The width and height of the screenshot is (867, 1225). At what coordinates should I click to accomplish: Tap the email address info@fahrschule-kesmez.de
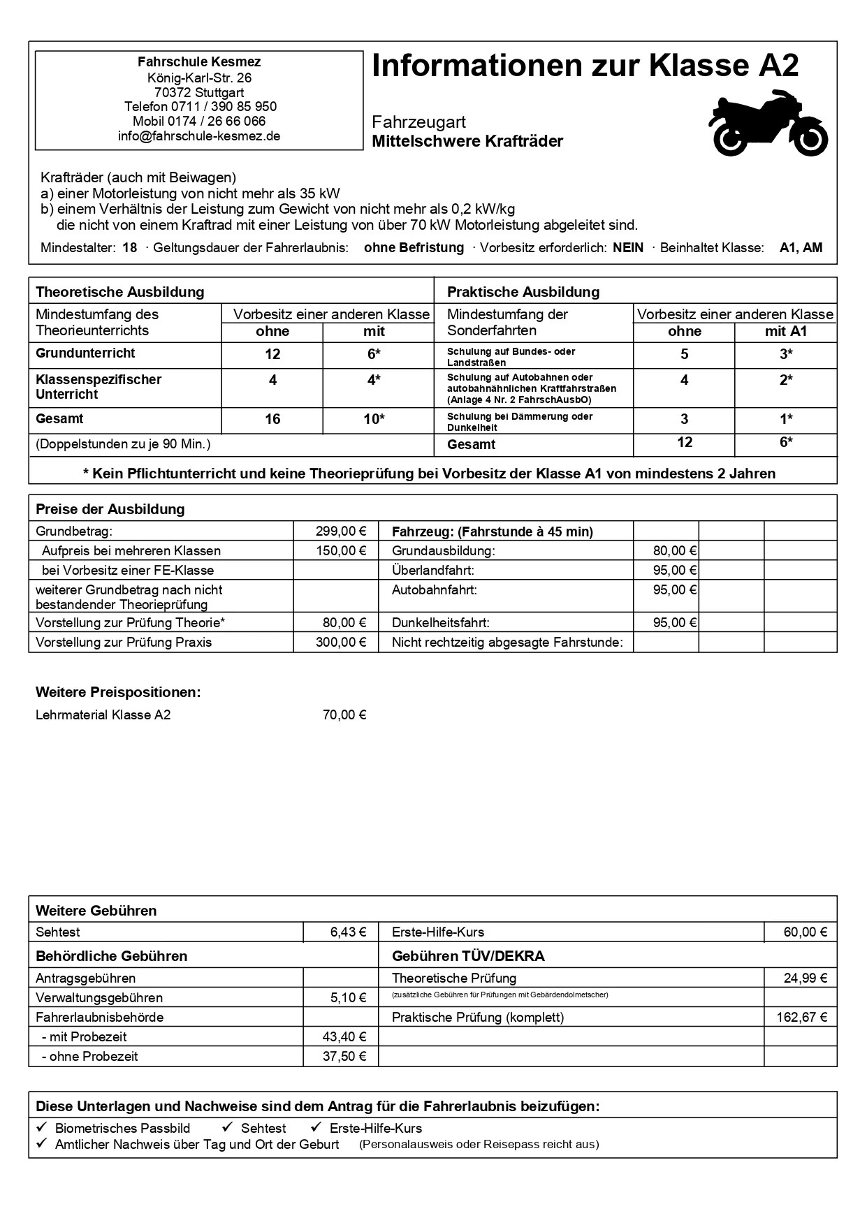199,136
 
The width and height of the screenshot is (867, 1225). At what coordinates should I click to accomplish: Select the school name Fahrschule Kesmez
199,62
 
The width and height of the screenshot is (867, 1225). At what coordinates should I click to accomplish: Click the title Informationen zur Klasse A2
585,66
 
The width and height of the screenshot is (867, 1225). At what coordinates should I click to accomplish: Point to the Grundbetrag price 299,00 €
341,531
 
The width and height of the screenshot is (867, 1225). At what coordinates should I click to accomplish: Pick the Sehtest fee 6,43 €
348,932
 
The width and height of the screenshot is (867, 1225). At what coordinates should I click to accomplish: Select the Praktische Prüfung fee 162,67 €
801,1018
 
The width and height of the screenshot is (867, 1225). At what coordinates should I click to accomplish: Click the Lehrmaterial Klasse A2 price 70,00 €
344,715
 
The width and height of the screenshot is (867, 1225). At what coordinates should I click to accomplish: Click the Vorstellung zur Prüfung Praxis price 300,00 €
341,643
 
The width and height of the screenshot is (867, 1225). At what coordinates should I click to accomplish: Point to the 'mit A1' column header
786,332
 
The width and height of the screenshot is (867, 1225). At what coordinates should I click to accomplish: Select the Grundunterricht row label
85,353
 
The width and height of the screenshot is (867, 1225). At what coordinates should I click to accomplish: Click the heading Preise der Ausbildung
110,509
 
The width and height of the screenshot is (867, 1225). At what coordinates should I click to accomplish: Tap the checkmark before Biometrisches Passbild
42,1127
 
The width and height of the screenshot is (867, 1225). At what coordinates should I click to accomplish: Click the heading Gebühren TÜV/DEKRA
468,956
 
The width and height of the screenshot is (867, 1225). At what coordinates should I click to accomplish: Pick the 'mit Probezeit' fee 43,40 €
344,1037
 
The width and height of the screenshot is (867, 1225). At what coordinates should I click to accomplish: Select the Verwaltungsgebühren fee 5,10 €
348,998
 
